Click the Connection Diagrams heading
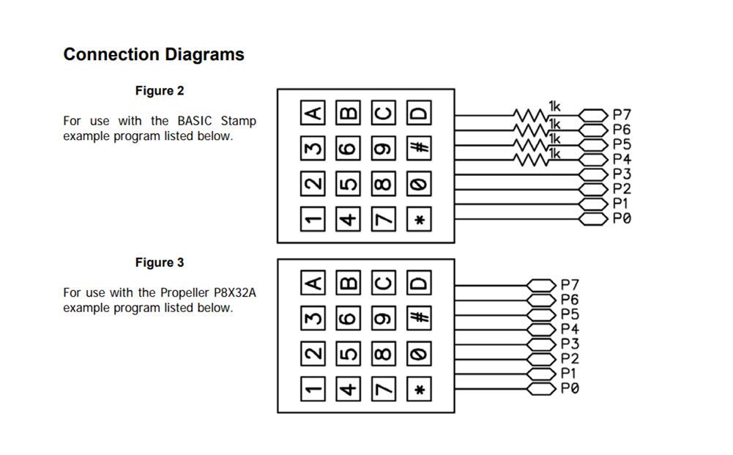[x=154, y=54]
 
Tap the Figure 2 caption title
[x=160, y=91]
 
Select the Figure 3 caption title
[x=160, y=262]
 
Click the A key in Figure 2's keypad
[x=313, y=113]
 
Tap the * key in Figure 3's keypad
[x=419, y=389]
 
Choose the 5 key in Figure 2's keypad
[x=349, y=183]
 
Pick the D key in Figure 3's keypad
[x=419, y=282]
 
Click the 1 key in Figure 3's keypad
[x=313, y=389]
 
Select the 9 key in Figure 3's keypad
[x=383, y=318]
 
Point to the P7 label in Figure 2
[x=622, y=114]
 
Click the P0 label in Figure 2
[x=622, y=218]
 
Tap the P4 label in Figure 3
[x=570, y=329]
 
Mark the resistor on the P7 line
[x=531, y=115]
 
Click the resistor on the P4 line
[x=531, y=160]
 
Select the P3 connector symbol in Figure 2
[x=594, y=175]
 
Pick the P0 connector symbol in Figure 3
[x=541, y=388]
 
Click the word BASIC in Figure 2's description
[x=195, y=121]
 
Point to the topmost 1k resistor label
[x=554, y=107]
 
